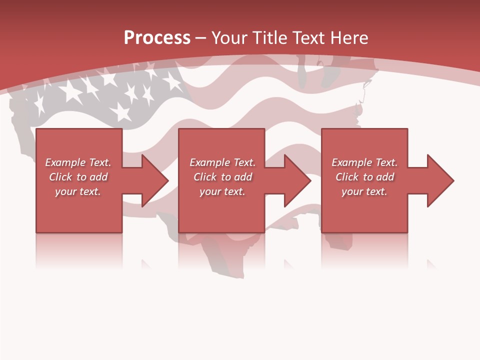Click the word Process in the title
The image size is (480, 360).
tap(157, 38)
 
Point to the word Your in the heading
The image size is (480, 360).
tap(230, 38)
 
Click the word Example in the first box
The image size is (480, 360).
tap(65, 162)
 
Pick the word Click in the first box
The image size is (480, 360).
tap(60, 177)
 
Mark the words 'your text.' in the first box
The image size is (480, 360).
tap(78, 191)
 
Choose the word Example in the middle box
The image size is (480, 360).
tap(210, 162)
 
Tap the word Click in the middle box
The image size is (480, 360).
tap(205, 177)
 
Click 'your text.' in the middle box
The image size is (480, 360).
tap(222, 191)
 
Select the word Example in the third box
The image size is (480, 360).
tap(352, 162)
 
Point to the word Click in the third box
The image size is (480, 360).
tap(347, 177)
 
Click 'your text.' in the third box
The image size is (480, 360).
tap(364, 191)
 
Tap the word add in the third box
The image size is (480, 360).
tap(385, 177)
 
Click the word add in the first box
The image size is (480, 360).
tap(98, 177)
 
